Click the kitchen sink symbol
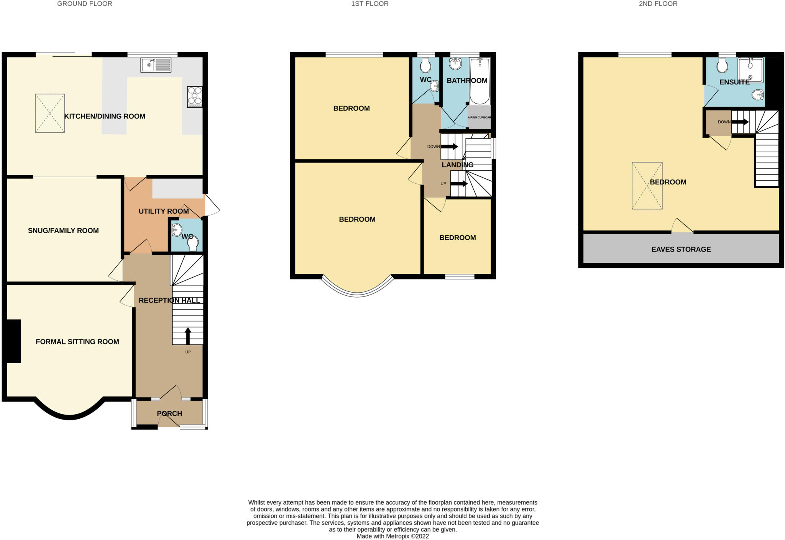tap(156, 65)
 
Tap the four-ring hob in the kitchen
tap(194, 97)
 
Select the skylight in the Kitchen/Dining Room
tap(50, 114)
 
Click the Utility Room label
tap(164, 211)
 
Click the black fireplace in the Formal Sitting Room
tap(14, 341)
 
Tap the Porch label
tap(169, 413)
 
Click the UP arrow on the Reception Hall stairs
tap(188, 336)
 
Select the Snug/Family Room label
tap(63, 230)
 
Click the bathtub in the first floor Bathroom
tap(480, 81)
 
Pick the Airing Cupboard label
tap(479, 117)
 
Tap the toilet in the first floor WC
tap(425, 66)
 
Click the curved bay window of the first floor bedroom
tap(357, 293)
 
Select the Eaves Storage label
tap(681, 249)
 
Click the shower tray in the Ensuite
tap(750, 70)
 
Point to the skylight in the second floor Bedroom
tap(647, 186)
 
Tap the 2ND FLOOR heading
tap(658, 4)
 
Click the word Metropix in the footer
tap(398, 536)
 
